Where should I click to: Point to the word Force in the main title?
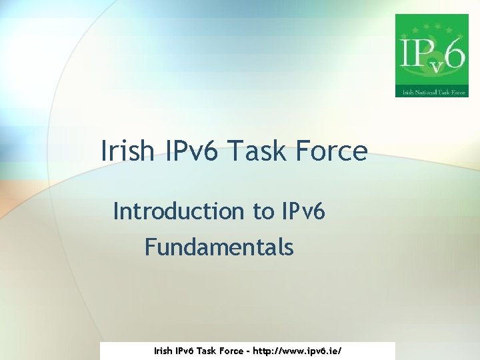coord(334,151)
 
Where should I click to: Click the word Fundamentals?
coord(219,247)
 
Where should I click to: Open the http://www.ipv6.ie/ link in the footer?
coord(302,350)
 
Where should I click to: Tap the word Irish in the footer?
coord(163,350)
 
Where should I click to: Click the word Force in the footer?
coord(231,350)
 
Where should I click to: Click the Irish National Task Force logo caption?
coord(431,91)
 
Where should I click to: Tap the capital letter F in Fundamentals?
coord(151,247)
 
